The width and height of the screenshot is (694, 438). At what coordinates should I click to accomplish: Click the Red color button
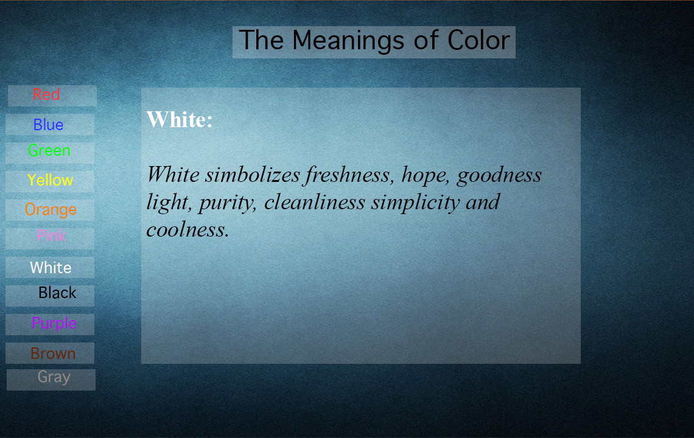click(52, 96)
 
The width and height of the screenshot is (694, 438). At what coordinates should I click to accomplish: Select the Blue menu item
click(49, 124)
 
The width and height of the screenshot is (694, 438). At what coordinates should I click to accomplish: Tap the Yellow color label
click(49, 181)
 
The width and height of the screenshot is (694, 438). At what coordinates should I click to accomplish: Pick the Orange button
click(49, 210)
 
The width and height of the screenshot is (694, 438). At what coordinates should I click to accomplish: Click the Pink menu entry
click(49, 238)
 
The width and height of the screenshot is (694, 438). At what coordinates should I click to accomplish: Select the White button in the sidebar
click(49, 267)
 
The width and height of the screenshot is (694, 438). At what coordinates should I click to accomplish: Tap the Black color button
click(49, 296)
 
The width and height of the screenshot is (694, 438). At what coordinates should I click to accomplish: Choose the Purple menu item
click(49, 324)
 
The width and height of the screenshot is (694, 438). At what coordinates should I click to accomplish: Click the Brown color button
click(49, 353)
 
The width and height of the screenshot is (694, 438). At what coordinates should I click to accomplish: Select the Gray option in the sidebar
click(51, 380)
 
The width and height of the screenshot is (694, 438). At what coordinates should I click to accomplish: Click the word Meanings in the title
click(348, 41)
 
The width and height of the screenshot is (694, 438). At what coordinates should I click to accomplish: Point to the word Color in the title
click(478, 40)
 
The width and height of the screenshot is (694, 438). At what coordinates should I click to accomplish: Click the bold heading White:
click(180, 119)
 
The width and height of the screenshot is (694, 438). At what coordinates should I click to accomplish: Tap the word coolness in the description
click(188, 229)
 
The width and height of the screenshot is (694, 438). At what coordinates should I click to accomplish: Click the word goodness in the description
click(499, 176)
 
